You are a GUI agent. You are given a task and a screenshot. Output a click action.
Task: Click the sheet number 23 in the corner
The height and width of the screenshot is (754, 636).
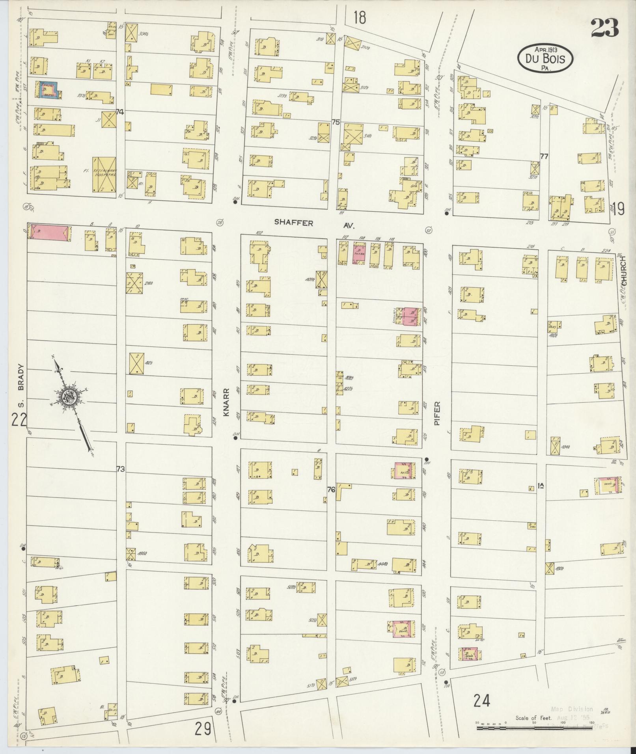pyautogui.click(x=604, y=28)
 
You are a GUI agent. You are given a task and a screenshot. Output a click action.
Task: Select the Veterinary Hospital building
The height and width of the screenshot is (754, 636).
pyautogui.click(x=104, y=174)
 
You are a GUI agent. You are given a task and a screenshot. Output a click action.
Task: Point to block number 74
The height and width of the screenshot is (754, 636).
pyautogui.click(x=120, y=112)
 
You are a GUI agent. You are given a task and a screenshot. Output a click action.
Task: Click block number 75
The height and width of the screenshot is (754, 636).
pyautogui.click(x=336, y=123)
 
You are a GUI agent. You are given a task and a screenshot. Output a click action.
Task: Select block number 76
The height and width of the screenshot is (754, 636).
pyautogui.click(x=331, y=490)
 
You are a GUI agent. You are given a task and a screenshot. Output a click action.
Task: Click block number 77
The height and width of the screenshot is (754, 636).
pyautogui.click(x=544, y=156)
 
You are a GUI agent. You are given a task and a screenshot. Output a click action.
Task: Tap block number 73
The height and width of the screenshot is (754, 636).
pyautogui.click(x=121, y=469)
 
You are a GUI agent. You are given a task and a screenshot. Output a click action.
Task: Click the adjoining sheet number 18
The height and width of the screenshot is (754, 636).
pyautogui.click(x=359, y=18)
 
